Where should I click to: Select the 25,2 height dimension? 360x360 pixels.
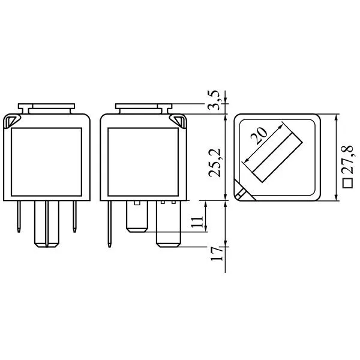[214, 163]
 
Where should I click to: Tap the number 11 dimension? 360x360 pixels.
[197, 221]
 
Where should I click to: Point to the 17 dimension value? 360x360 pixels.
[217, 254]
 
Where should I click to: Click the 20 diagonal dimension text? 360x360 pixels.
[259, 136]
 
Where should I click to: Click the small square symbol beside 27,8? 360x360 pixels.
[347, 183]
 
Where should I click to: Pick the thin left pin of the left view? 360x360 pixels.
[19, 217]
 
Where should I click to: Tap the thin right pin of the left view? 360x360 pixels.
[74, 217]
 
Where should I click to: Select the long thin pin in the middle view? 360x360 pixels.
[110, 224]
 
